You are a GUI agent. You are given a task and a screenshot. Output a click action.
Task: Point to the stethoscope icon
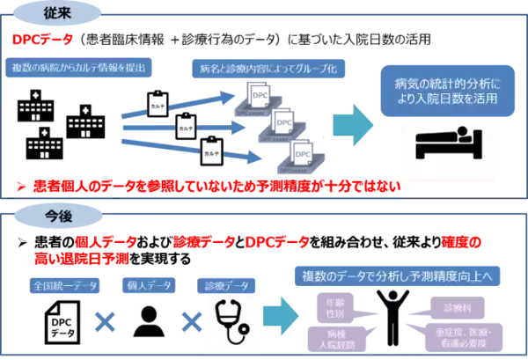231,320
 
